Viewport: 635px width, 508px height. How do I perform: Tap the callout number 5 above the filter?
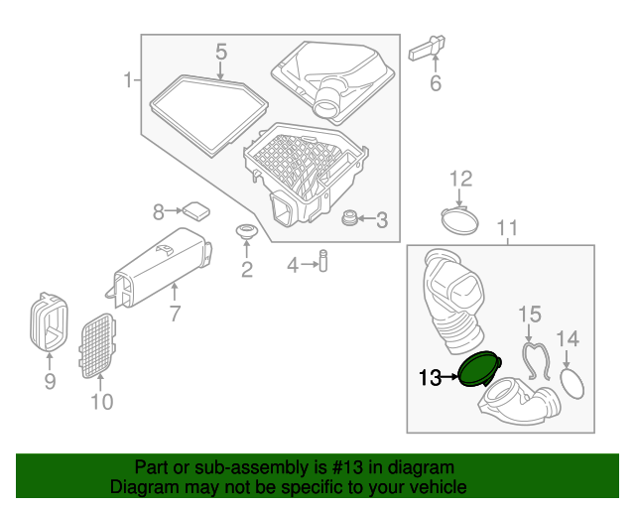coord(221,51)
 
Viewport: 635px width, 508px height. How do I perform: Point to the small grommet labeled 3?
coord(349,218)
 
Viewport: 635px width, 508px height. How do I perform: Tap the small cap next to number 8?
coord(194,209)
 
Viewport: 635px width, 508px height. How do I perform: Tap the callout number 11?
coord(507,229)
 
